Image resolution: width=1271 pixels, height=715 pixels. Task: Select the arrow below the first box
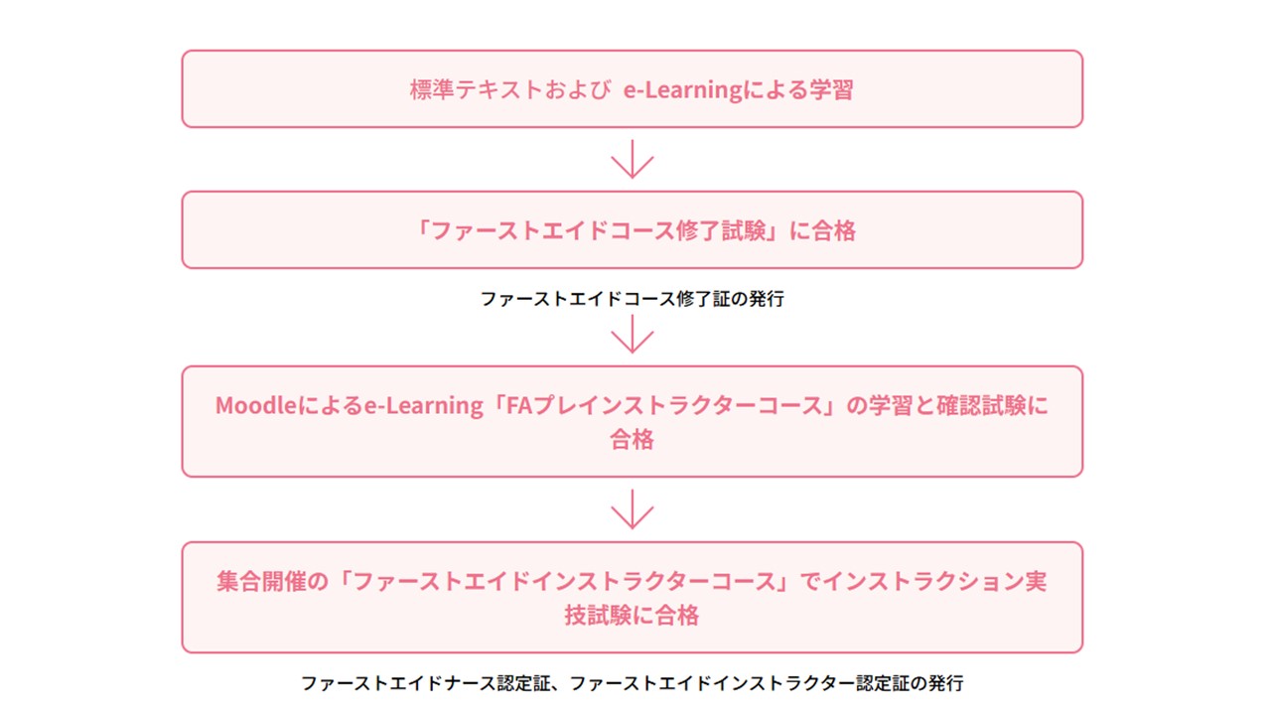click(x=632, y=160)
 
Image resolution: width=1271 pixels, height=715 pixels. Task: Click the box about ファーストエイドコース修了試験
click(x=632, y=229)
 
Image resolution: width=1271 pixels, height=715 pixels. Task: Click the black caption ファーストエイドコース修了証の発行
click(x=632, y=298)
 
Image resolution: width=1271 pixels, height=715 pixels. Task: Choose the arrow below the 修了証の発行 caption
click(x=632, y=335)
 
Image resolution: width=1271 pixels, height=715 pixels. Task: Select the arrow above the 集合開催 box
click(x=632, y=510)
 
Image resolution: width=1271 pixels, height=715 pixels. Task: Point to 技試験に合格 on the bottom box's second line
click(x=632, y=615)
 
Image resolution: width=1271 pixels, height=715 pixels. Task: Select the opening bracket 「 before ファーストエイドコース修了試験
click(x=421, y=230)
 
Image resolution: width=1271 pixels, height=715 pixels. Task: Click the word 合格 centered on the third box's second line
click(x=632, y=439)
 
